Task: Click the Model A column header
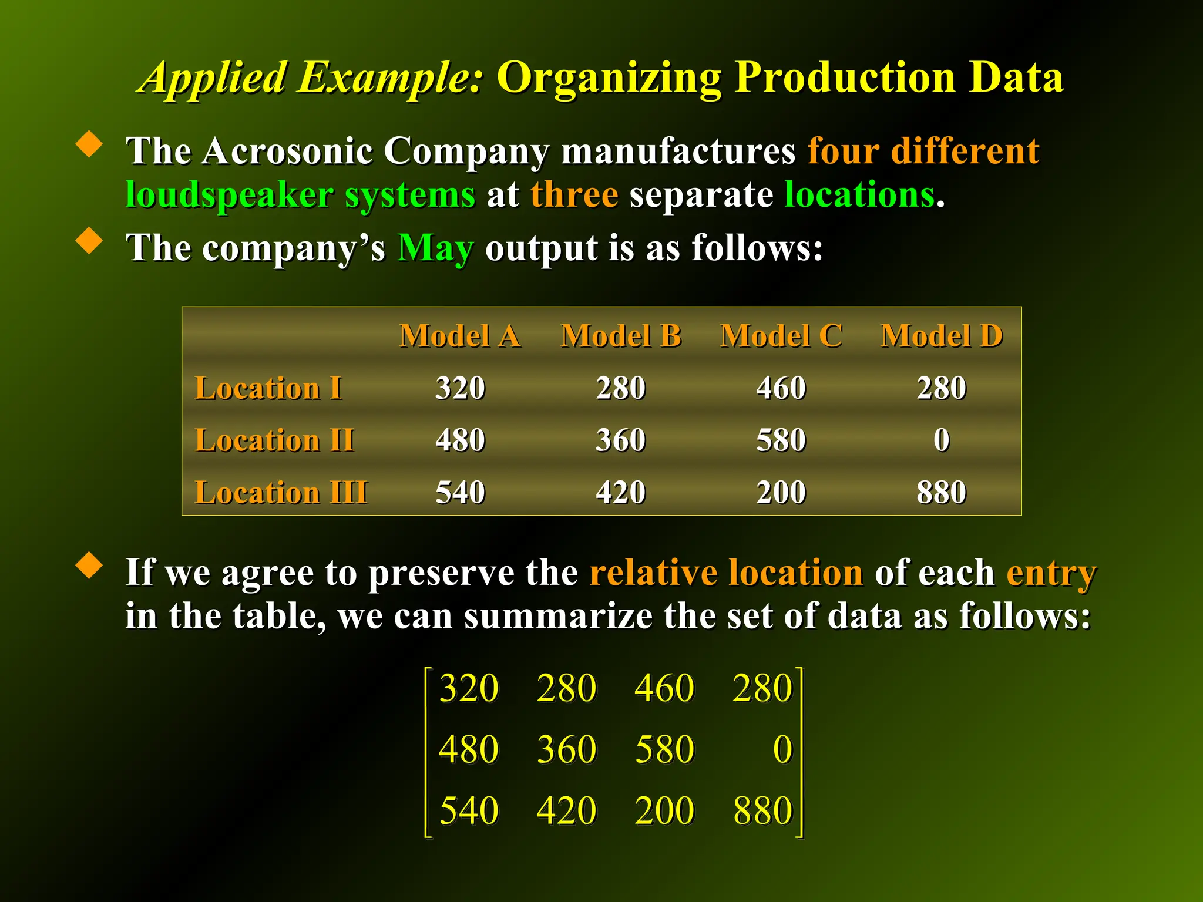click(x=460, y=336)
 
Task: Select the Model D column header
click(x=942, y=336)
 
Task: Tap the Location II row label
click(x=274, y=440)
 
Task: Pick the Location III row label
click(x=281, y=493)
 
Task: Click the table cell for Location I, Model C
click(x=781, y=388)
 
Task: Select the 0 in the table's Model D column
click(x=942, y=440)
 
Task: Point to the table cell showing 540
click(x=460, y=493)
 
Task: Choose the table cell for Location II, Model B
click(x=621, y=440)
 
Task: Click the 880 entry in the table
click(x=942, y=493)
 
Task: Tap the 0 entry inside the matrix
click(x=782, y=749)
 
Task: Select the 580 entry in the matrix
click(x=665, y=749)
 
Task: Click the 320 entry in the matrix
click(x=469, y=688)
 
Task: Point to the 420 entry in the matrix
click(x=567, y=811)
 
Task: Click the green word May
click(x=436, y=249)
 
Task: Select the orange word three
click(x=574, y=195)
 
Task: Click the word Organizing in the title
click(x=609, y=78)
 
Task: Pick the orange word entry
click(x=1051, y=573)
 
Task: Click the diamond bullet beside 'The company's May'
click(x=89, y=240)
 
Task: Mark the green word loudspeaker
click(x=230, y=195)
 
